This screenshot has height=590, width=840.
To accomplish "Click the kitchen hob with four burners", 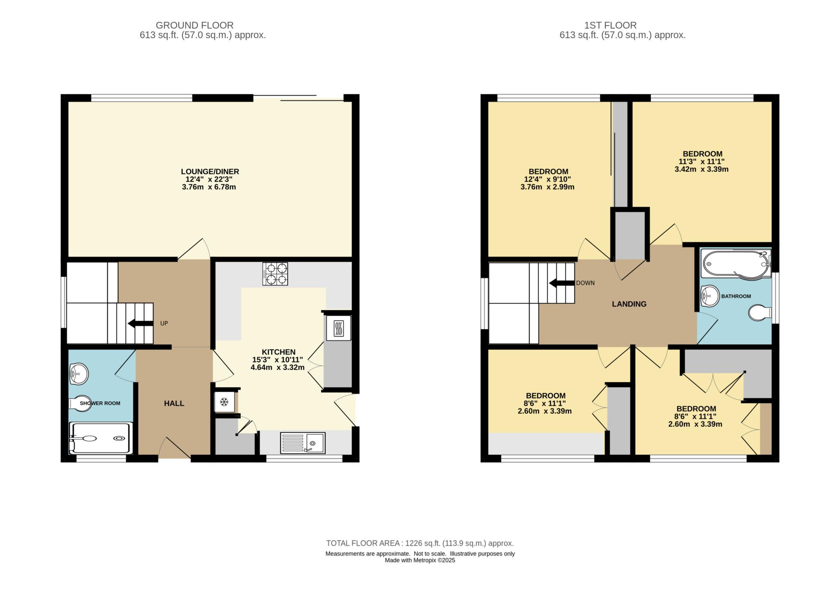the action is click(x=275, y=274).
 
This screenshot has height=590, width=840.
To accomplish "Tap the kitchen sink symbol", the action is click(x=303, y=443).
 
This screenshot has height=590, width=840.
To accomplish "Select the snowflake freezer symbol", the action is click(x=224, y=402).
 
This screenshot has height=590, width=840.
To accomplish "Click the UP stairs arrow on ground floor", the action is click(x=141, y=323).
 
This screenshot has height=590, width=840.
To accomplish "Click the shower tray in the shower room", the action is click(x=101, y=438).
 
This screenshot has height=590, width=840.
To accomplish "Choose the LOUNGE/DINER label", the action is click(x=210, y=172).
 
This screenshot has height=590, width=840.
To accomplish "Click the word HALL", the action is click(x=174, y=403).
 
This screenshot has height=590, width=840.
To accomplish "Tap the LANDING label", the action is click(x=629, y=304).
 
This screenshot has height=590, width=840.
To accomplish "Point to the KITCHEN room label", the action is click(x=278, y=352).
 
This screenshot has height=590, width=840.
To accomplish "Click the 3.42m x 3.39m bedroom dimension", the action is click(x=701, y=169).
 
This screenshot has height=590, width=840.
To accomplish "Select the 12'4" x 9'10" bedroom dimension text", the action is click(x=547, y=179).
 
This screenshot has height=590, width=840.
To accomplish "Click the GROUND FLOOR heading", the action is click(x=194, y=25).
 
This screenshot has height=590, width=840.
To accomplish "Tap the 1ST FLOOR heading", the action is click(x=610, y=25).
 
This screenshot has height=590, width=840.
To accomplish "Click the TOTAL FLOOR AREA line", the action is click(x=420, y=543).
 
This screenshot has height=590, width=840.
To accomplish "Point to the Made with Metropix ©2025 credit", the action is click(x=420, y=560).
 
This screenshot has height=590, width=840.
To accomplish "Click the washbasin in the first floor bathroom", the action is click(x=709, y=296).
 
